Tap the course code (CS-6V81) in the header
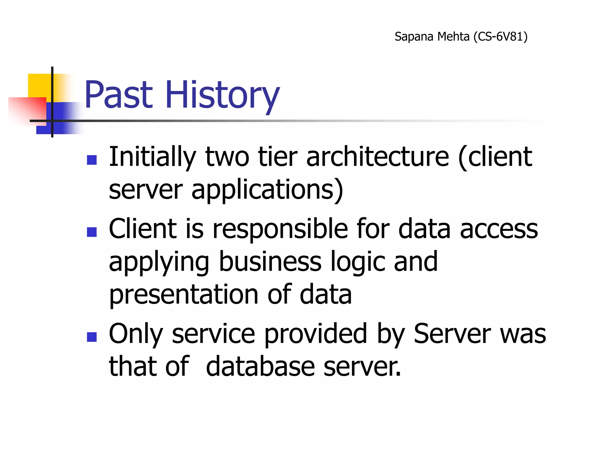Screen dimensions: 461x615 tap(500, 37)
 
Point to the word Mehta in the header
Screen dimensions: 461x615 tap(453, 37)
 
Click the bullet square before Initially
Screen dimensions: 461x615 tap(92, 160)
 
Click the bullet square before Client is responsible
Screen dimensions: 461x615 tap(92, 232)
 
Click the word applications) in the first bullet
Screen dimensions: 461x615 tap(267, 190)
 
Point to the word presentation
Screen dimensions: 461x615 tap(183, 295)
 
